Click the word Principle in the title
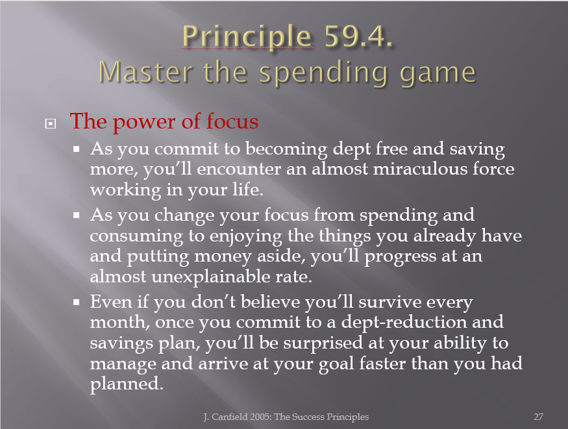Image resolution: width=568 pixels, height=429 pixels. (x=247, y=37)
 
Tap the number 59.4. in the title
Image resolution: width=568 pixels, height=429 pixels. (x=358, y=36)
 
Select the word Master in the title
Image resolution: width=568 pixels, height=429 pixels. (x=145, y=71)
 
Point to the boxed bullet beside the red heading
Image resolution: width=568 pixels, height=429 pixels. (x=51, y=124)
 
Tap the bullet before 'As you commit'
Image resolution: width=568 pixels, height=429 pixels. (x=76, y=149)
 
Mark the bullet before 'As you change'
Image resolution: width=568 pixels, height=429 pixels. (x=76, y=215)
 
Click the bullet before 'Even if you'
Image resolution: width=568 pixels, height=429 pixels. (x=76, y=302)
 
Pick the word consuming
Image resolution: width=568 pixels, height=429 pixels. (x=136, y=237)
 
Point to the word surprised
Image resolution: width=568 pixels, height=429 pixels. (x=323, y=343)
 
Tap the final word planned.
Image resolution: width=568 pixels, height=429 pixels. (x=127, y=384)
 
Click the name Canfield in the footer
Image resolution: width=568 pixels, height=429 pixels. (x=229, y=417)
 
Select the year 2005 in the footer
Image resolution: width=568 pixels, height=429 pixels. (x=260, y=417)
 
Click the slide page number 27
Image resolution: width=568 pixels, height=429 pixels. (x=538, y=417)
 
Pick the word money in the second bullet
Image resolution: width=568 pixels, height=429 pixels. (x=223, y=257)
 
